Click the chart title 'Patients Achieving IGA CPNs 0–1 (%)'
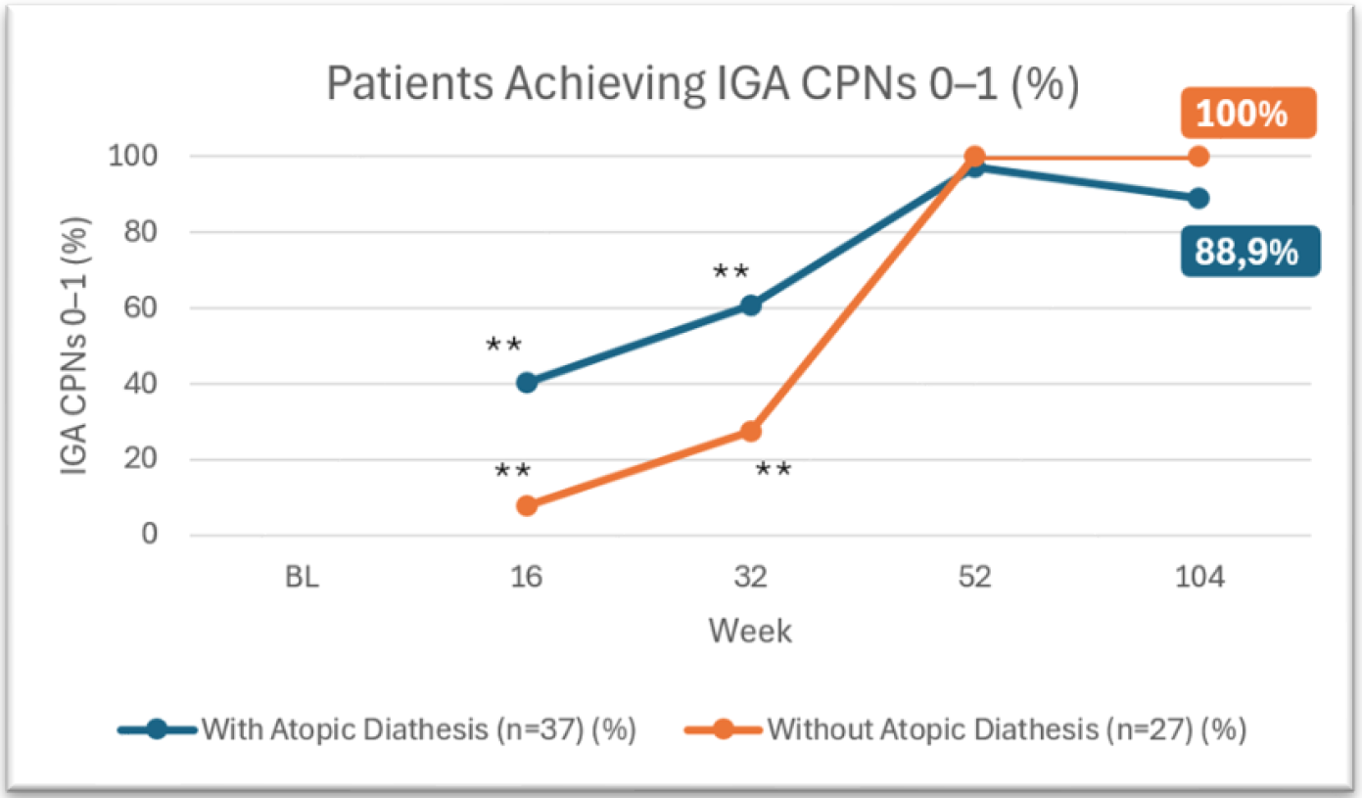point(702,85)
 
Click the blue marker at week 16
point(527,382)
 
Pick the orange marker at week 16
point(527,506)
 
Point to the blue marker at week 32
point(751,305)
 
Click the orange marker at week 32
point(751,432)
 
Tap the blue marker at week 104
point(1198,198)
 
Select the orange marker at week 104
point(1198,157)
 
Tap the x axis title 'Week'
point(750,632)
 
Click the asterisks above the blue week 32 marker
point(730,271)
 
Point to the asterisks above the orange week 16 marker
point(512,471)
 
